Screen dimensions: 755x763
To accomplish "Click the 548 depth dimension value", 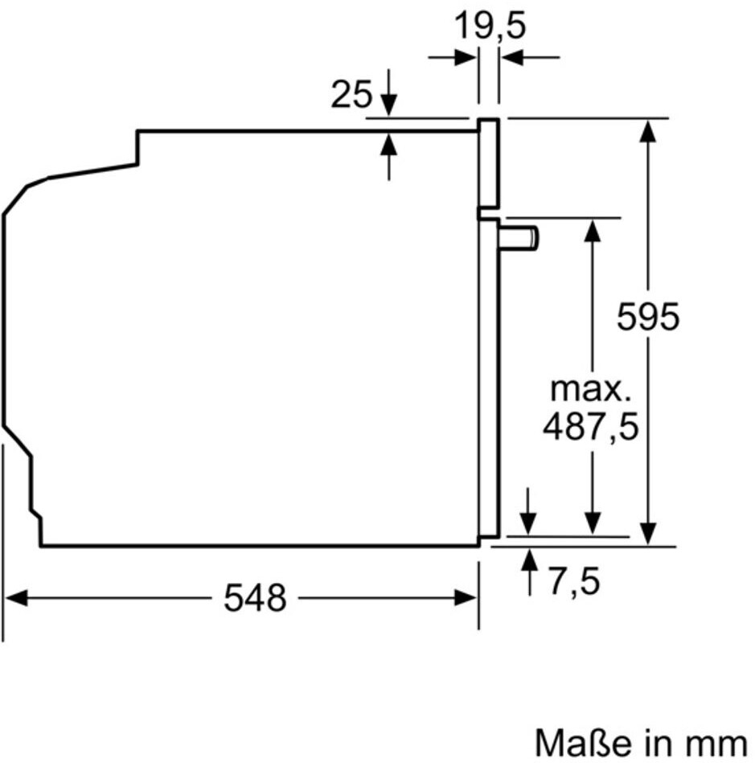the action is tap(255, 598).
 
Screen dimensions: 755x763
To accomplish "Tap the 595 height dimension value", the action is tap(648, 317).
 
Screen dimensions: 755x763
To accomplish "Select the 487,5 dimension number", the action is tap(590, 427).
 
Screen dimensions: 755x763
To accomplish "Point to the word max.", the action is tap(590, 390).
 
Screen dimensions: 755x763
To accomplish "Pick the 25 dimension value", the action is tap(351, 96).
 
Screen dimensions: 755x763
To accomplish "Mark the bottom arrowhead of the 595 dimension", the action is tap(648, 533).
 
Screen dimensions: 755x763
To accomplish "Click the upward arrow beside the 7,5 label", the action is tap(529, 560).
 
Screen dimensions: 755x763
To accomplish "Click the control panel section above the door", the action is tap(489, 165).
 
